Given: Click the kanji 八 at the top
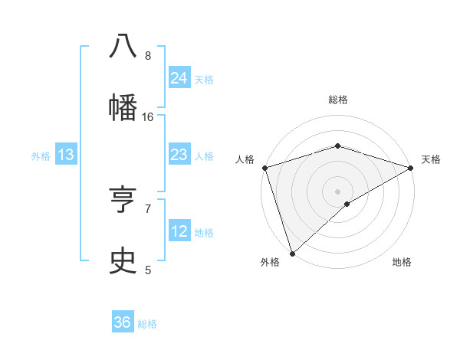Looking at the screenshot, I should (x=123, y=46).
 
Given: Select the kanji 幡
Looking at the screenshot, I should (x=123, y=106).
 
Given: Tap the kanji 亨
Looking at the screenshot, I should (x=123, y=200).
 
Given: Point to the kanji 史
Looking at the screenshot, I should (x=123, y=260).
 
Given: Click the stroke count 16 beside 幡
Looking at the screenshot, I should (x=148, y=116).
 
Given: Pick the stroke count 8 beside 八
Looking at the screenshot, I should (x=148, y=56).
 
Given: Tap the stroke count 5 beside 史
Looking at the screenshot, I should (x=148, y=270).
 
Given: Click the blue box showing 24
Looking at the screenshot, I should (x=179, y=77).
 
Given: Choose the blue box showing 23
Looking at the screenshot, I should (x=179, y=155).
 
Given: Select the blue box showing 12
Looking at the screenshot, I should (x=179, y=231).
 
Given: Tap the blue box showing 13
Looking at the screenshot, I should (x=66, y=155).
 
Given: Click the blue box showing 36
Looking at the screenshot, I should (x=123, y=322).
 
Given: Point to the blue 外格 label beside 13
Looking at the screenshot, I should (x=41, y=156).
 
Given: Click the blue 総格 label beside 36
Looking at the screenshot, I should (x=147, y=324).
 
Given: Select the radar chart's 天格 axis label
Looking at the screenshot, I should (x=431, y=159).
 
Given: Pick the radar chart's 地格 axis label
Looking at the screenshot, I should (x=402, y=263).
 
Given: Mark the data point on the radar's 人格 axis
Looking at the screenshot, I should (x=264, y=168).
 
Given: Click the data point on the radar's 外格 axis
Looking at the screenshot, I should (x=292, y=253).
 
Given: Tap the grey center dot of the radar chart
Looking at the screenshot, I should (x=337, y=191).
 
